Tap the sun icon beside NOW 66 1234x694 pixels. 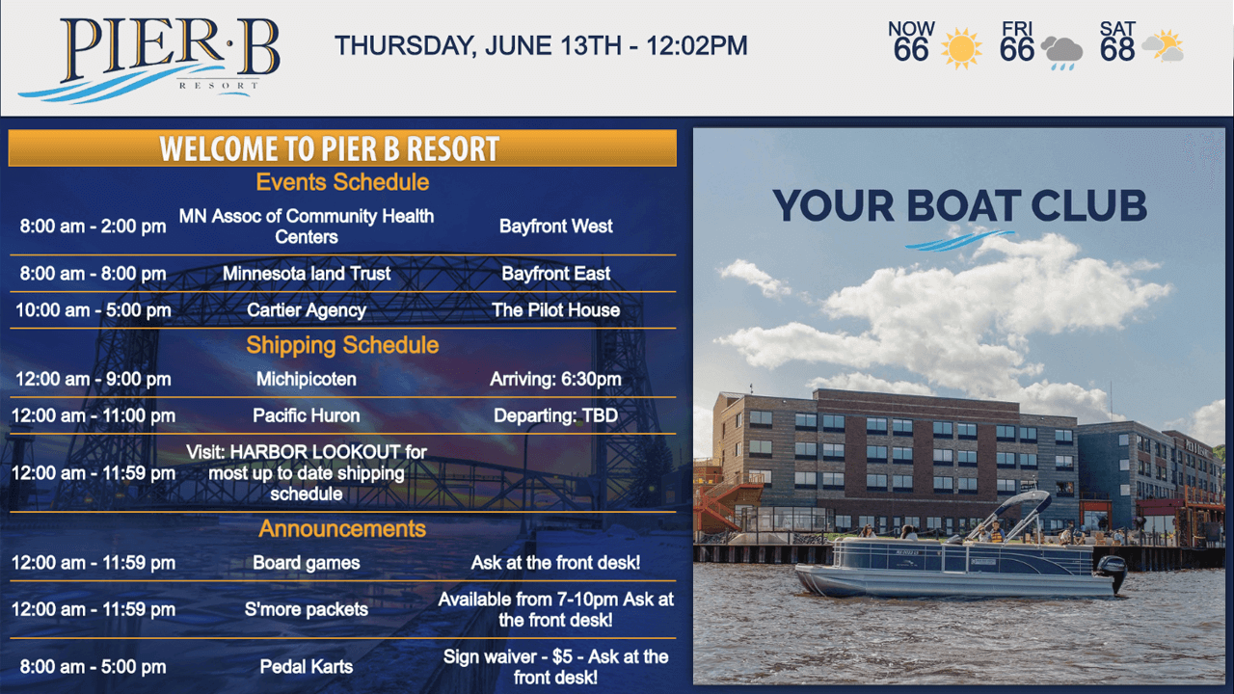pyautogui.click(x=961, y=48)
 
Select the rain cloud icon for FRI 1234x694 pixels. pyautogui.click(x=1062, y=53)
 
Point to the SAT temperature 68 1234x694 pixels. pyautogui.click(x=1116, y=50)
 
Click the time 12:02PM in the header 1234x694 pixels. pyautogui.click(x=697, y=45)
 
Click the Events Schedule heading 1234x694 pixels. pyautogui.click(x=342, y=182)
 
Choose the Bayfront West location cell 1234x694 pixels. pyautogui.click(x=556, y=226)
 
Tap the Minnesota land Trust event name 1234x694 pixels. pyautogui.click(x=307, y=273)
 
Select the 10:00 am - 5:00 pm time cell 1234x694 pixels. pyautogui.click(x=94, y=310)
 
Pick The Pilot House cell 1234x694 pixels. pyautogui.click(x=556, y=310)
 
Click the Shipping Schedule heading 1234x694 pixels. pyautogui.click(x=342, y=345)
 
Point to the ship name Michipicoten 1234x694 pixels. pyautogui.click(x=307, y=379)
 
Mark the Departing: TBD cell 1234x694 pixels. pyautogui.click(x=556, y=415)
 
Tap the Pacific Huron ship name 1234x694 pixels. pyautogui.click(x=307, y=415)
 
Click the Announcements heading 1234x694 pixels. pyautogui.click(x=342, y=529)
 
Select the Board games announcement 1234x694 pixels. pyautogui.click(x=307, y=562)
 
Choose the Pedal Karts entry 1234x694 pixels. pyautogui.click(x=307, y=666)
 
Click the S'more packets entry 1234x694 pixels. pyautogui.click(x=307, y=609)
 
